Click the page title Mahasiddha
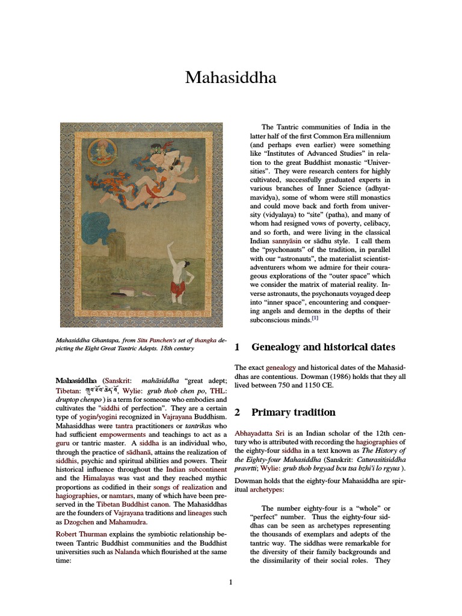[231, 78]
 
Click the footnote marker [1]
[315, 319]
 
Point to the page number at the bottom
[231, 582]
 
